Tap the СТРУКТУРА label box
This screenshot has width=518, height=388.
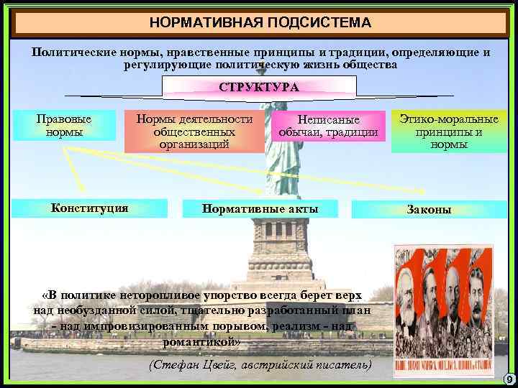259,87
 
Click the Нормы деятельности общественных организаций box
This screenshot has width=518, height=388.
194,131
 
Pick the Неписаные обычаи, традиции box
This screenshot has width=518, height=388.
328,126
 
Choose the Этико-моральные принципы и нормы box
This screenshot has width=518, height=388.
449,131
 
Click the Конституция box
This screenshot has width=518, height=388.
90,208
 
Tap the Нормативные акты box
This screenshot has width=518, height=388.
260,208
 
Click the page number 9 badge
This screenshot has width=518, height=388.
508,379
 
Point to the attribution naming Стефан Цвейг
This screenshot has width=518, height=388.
260,364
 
